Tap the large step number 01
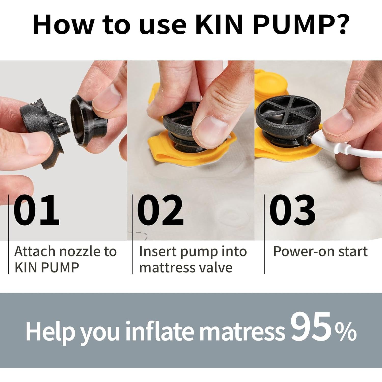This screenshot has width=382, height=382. tap(36, 210)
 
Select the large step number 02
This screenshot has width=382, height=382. tap(160, 210)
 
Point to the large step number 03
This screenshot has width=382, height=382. tap(292, 210)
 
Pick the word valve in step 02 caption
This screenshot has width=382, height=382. tap(216, 267)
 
